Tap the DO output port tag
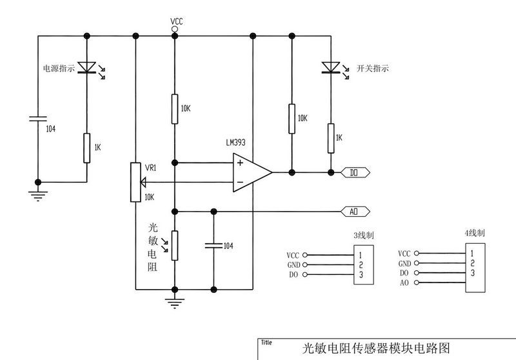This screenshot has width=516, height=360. click(354, 172)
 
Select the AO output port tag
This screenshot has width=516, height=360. click(354, 211)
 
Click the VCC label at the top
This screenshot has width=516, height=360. click(177, 22)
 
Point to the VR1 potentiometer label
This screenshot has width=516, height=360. click(150, 168)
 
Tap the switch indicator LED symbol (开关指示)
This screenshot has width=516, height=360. click(331, 67)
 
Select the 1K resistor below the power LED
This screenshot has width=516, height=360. click(86, 148)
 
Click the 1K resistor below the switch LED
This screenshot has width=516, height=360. click(331, 137)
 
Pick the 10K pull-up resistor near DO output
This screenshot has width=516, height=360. click(292, 118)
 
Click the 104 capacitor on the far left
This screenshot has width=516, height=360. click(37, 118)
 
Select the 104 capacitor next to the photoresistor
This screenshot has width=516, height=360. click(213, 245)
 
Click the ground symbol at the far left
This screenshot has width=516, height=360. click(37, 195)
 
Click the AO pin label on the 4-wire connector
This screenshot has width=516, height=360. click(404, 283)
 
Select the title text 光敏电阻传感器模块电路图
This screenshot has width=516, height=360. click(375, 349)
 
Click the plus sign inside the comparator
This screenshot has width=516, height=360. click(240, 163)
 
